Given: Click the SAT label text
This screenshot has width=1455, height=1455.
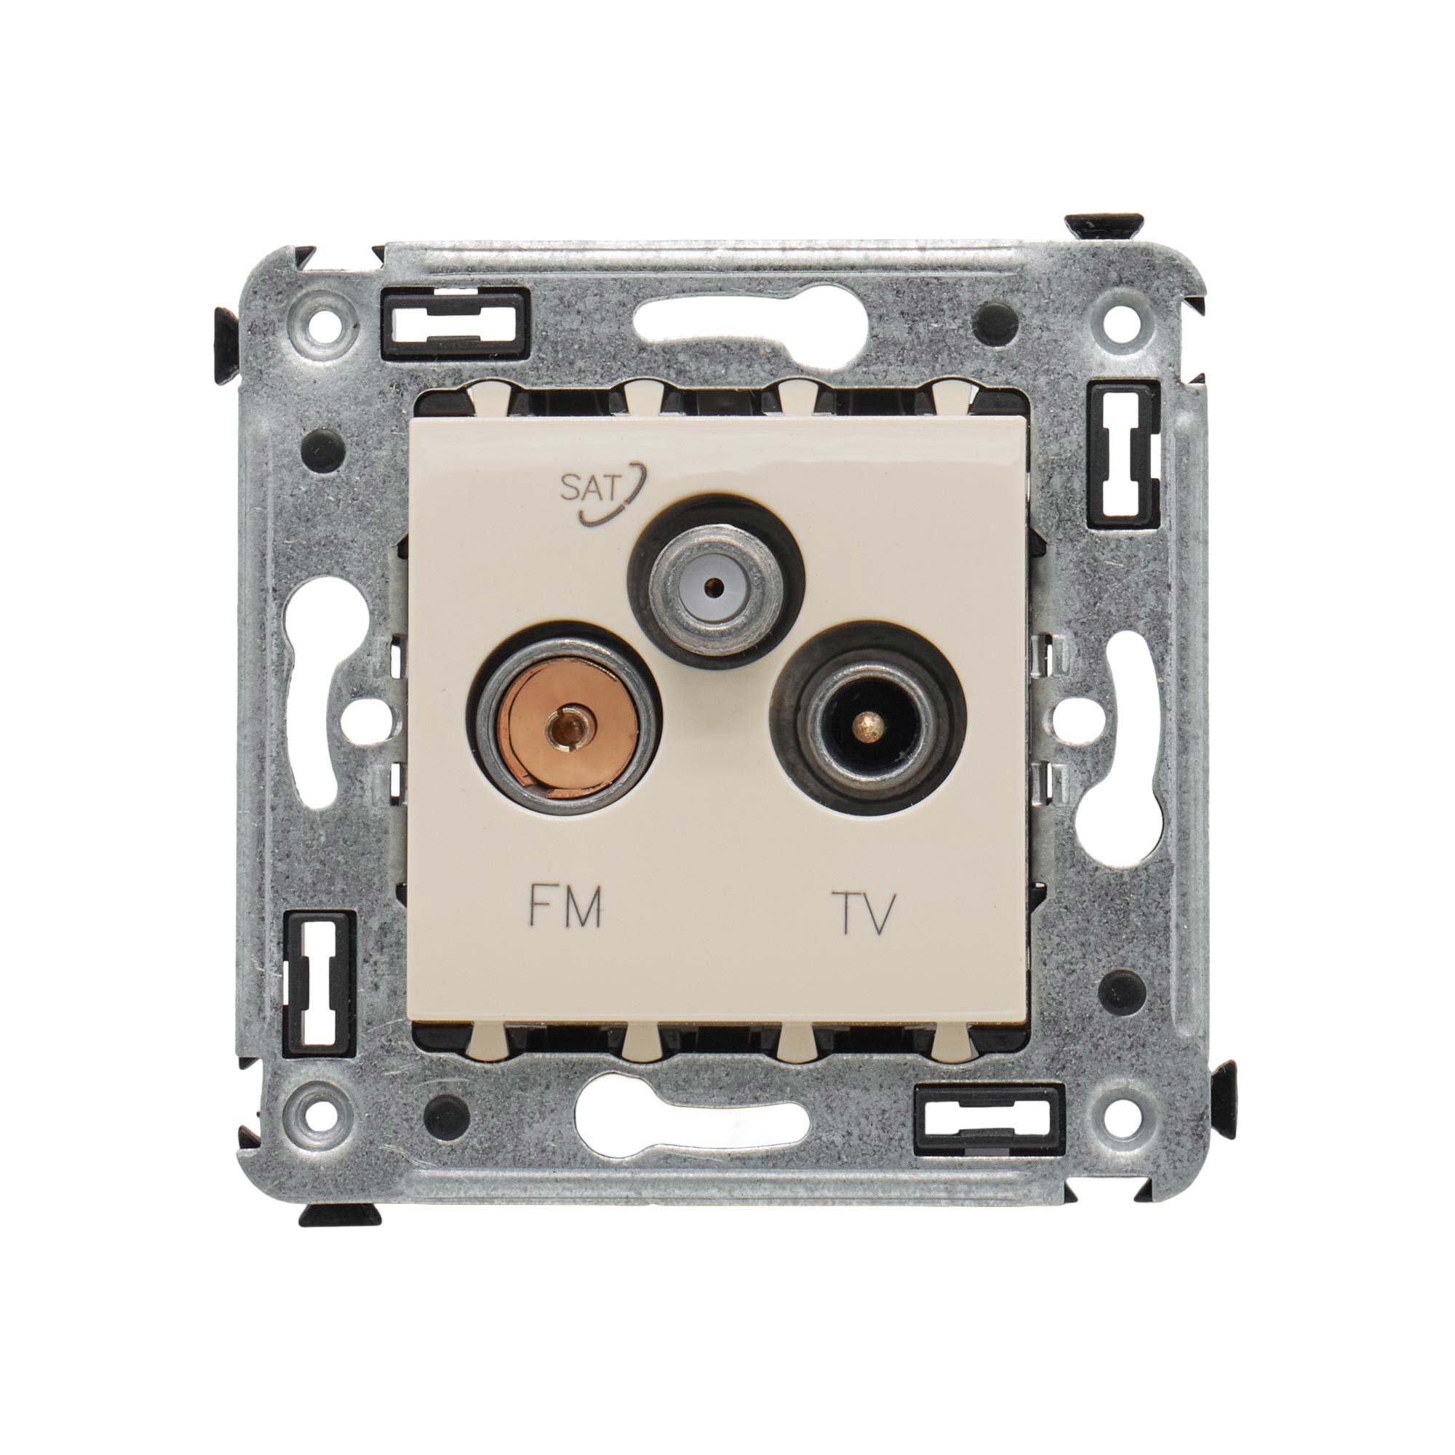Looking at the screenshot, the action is pyautogui.click(x=591, y=490).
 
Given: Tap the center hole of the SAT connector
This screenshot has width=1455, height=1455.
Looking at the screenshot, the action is pyautogui.click(x=714, y=583).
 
